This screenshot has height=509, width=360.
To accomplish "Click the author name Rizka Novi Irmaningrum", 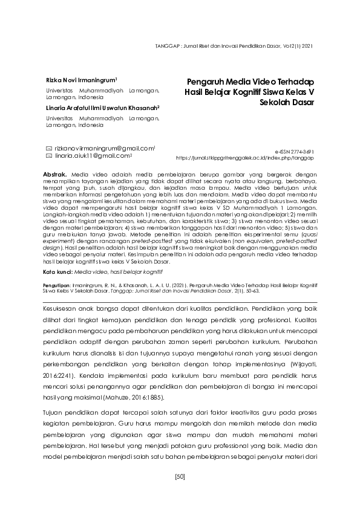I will tap(81, 79).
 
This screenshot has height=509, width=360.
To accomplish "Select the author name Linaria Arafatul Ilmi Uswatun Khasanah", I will tap(101, 108).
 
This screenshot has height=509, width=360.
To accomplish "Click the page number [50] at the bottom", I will tap(180, 477).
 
